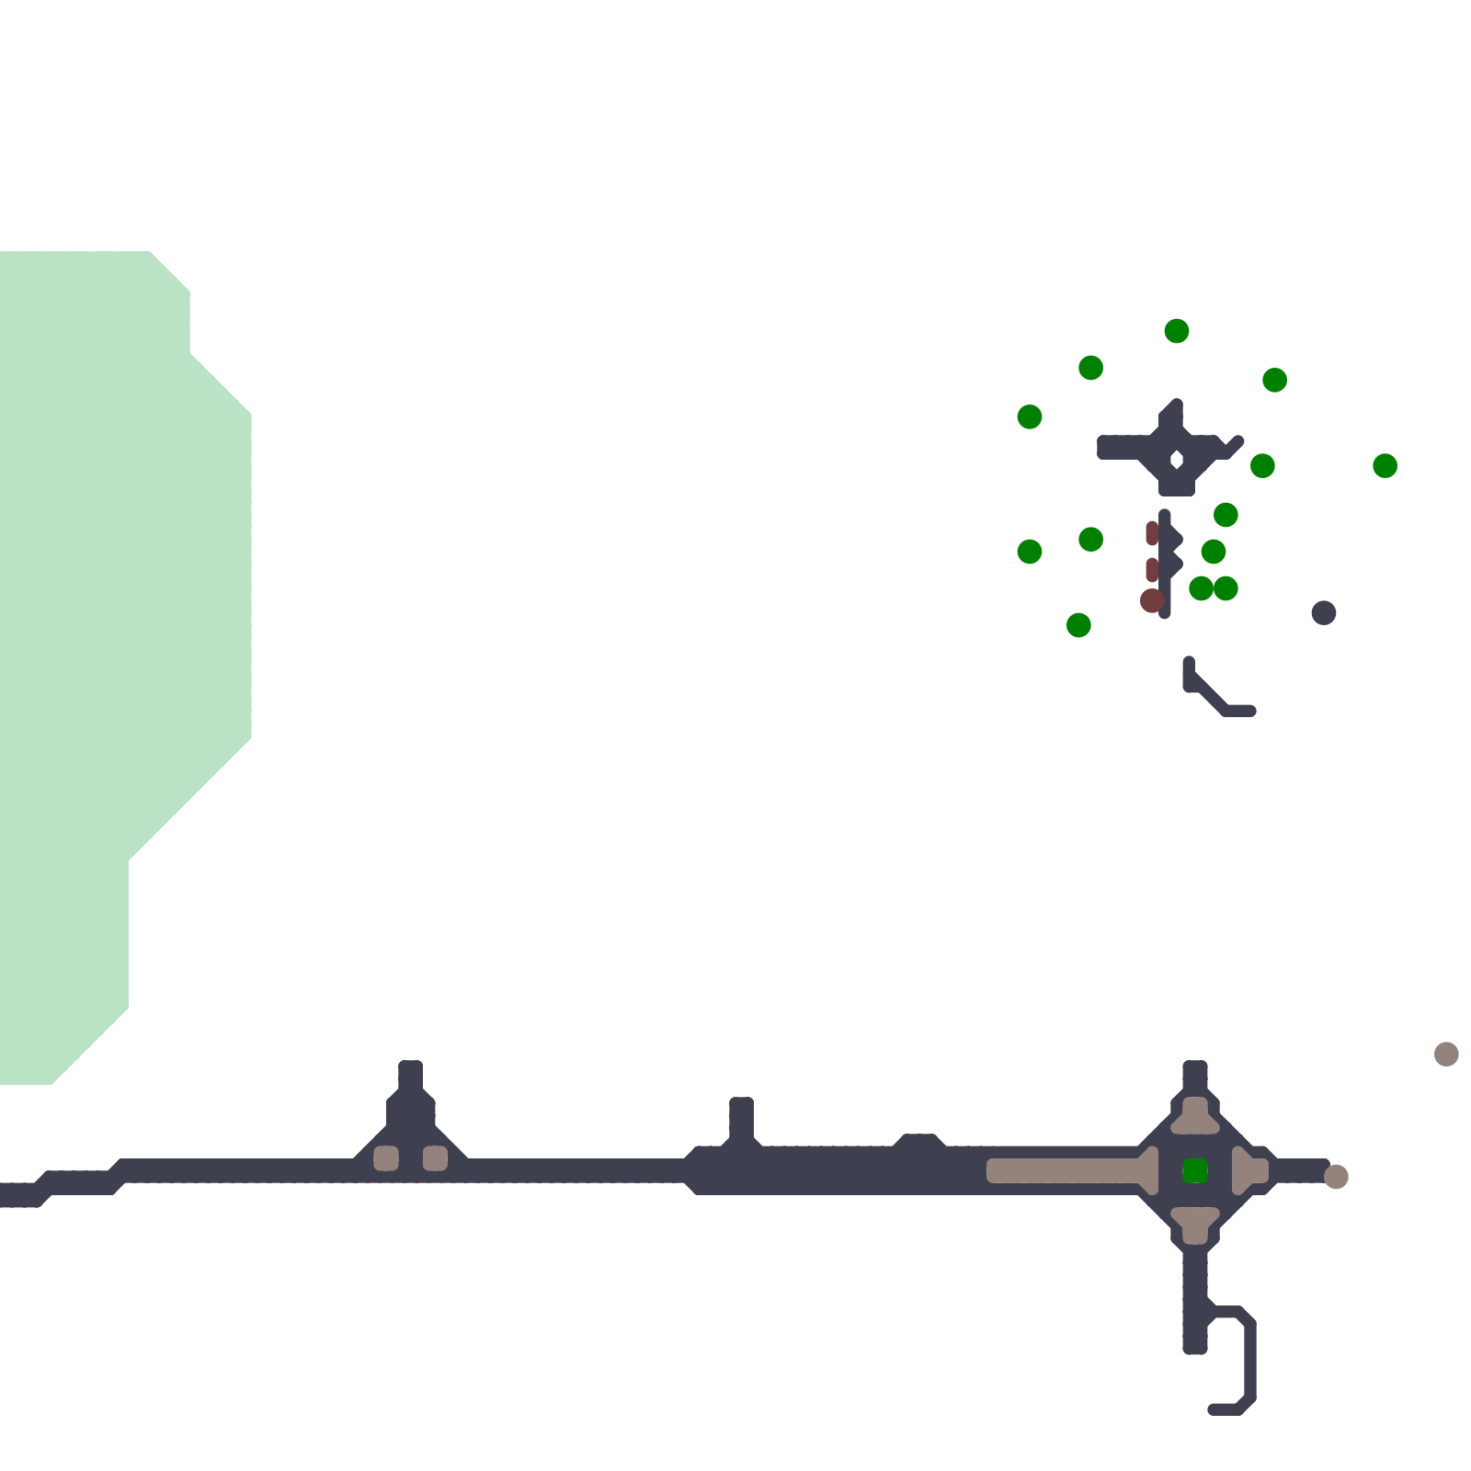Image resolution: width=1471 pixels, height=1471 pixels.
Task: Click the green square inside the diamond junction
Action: [1194, 1170]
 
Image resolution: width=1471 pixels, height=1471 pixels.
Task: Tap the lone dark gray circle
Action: [1323, 612]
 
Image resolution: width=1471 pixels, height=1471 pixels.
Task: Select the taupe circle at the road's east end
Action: [1336, 1176]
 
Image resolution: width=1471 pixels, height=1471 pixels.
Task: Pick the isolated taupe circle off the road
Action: [1446, 1054]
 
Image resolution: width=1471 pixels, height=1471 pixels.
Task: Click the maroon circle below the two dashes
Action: [1152, 600]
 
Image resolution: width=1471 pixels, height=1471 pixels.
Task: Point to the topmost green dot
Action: [1177, 331]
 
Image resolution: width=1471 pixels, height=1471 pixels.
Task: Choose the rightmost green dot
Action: [1385, 465]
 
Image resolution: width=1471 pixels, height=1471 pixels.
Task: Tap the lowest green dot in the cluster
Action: [1078, 625]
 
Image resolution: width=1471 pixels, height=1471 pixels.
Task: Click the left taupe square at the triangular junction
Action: [386, 1158]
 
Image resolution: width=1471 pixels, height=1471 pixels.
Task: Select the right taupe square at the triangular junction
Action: [435, 1158]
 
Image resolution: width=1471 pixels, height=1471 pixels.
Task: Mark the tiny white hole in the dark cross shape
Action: [1177, 459]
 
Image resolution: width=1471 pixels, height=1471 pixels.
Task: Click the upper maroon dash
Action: [1152, 533]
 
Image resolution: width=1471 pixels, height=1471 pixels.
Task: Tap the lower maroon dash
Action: [1152, 570]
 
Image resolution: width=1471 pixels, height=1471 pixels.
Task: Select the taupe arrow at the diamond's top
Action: [1195, 1114]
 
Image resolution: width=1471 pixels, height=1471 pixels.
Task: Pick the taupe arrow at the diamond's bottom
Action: [1195, 1225]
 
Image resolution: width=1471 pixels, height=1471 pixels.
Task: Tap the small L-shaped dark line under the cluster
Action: [1214, 694]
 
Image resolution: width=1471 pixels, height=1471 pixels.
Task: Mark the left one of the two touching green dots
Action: [1201, 588]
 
